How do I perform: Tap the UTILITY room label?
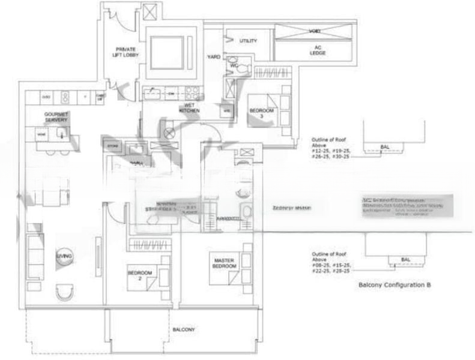coord(248,41)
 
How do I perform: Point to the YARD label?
coord(214,57)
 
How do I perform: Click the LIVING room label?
coord(64,257)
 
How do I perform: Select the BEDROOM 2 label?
coord(139,275)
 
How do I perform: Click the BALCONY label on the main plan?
coord(184,329)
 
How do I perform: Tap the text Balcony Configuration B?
coord(395,285)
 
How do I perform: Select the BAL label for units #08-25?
coord(405,259)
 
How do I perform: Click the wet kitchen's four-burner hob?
coord(192,93)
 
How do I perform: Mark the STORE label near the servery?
coord(110,145)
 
